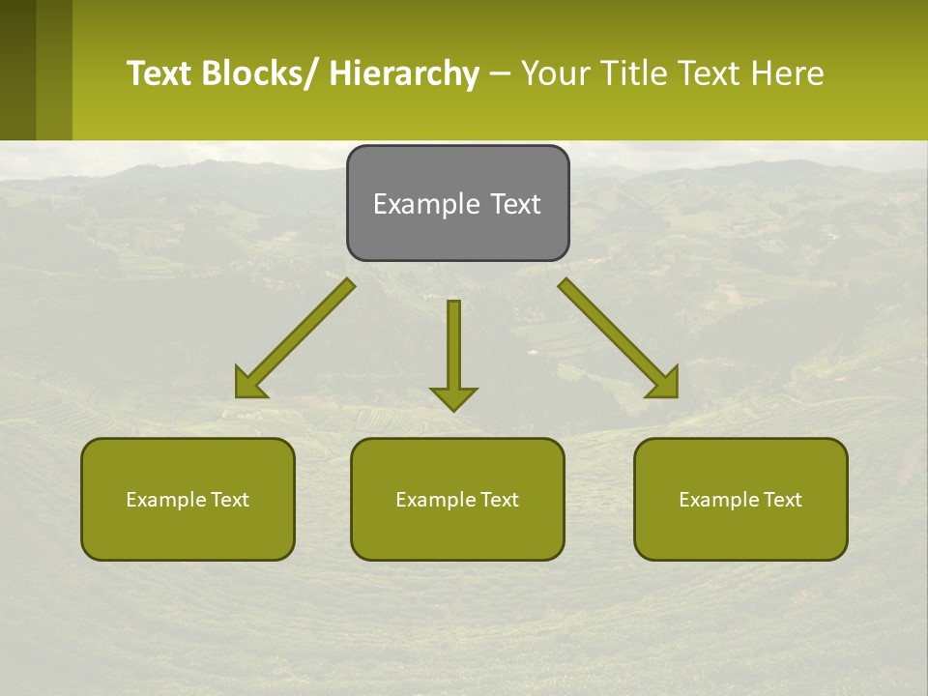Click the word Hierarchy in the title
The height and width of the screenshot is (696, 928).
tap(404, 73)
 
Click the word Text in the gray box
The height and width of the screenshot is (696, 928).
tap(513, 204)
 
